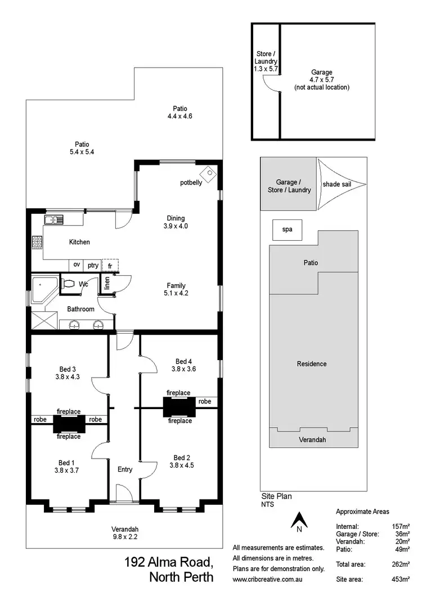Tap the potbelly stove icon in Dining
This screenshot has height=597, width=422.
click(209, 173)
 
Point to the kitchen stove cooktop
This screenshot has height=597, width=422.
click(37, 243)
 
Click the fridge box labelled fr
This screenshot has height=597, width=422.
click(110, 265)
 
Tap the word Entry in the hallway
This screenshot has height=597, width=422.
click(125, 469)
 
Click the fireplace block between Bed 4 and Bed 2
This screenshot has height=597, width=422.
click(178, 406)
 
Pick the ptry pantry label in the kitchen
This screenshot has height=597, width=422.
click(93, 265)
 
